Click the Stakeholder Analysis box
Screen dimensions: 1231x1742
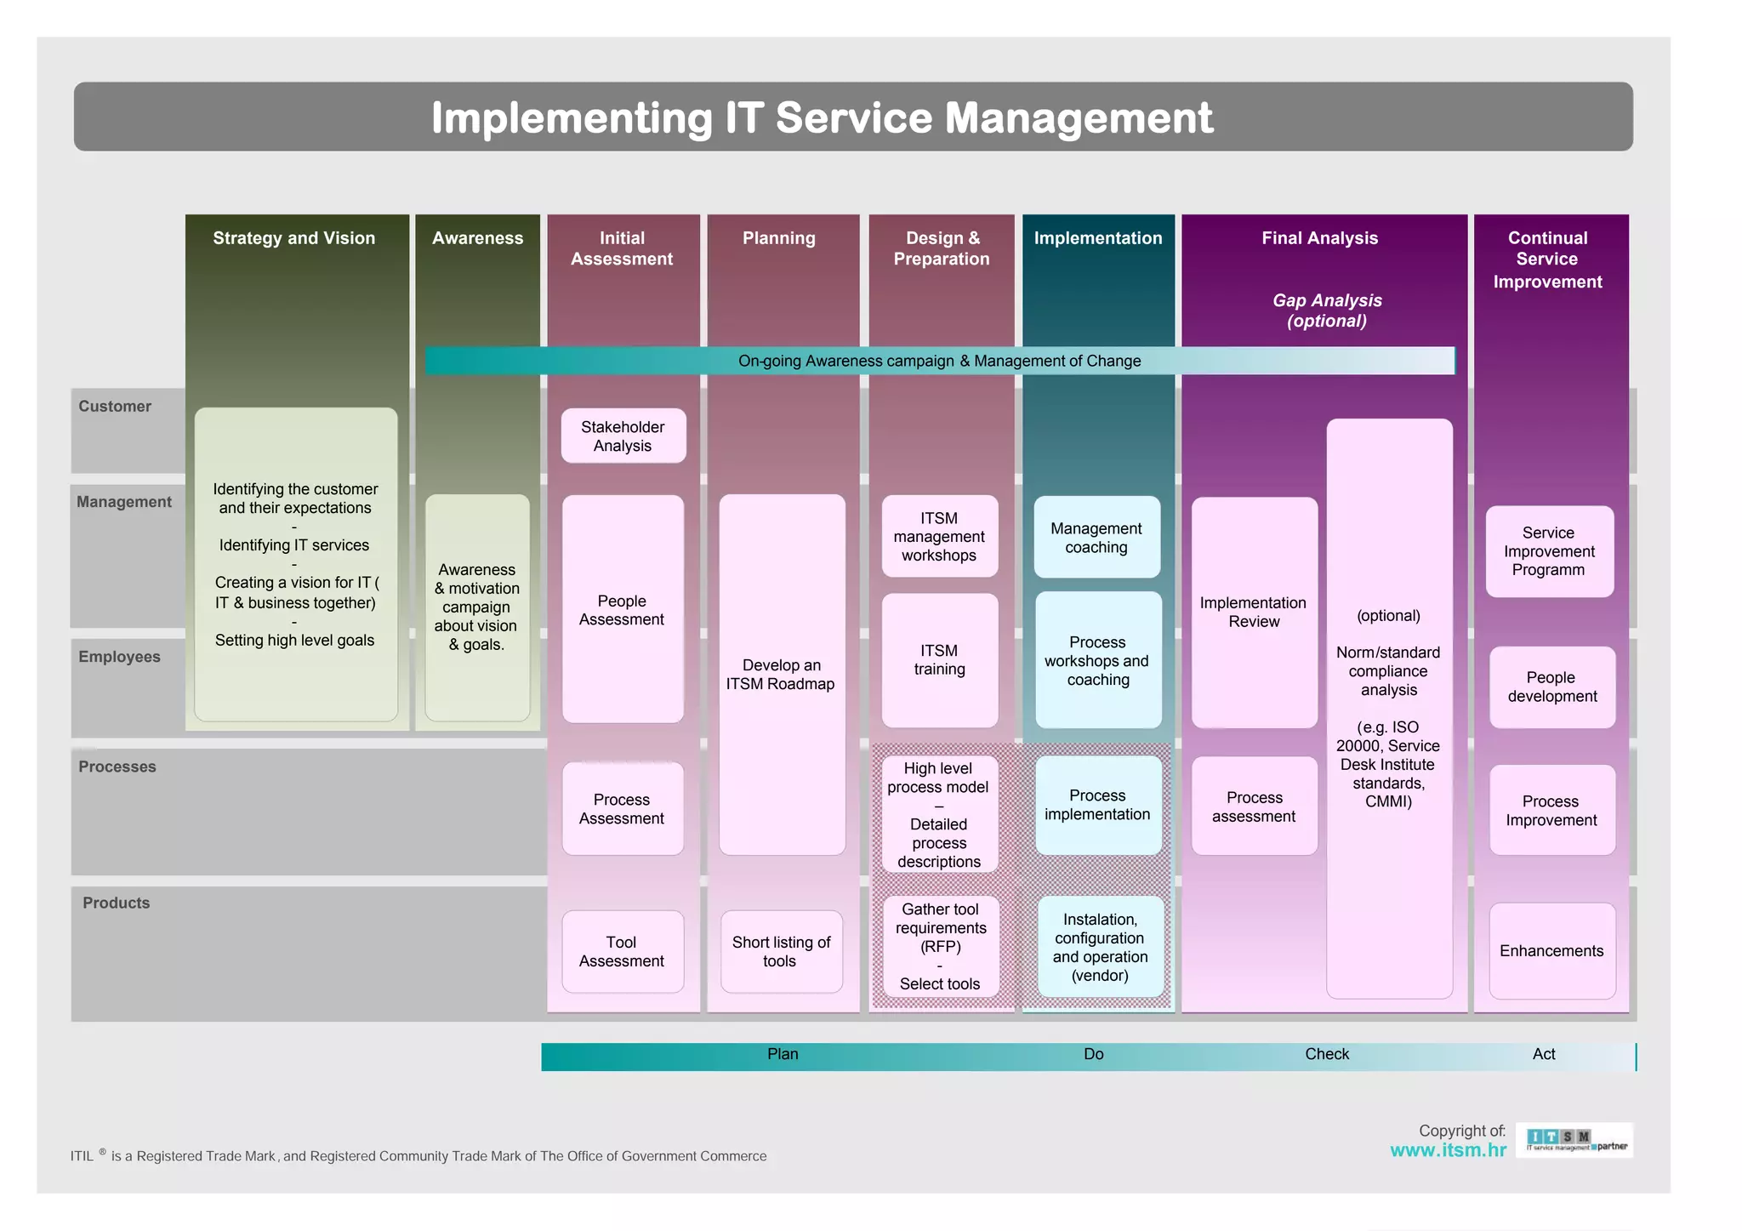click(x=623, y=436)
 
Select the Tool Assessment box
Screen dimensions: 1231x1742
click(x=622, y=951)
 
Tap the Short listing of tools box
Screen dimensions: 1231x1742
click(x=781, y=951)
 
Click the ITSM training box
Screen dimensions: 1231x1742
click(x=939, y=660)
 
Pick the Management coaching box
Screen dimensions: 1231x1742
click(x=1096, y=538)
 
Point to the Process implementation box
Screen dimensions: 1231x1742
click(x=1097, y=805)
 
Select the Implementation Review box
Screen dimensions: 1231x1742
click(x=1254, y=612)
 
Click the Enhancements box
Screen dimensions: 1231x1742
click(x=1551, y=951)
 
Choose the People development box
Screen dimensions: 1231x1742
click(x=1551, y=687)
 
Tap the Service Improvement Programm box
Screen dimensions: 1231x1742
click(x=1548, y=551)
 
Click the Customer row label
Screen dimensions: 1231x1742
click(x=115, y=407)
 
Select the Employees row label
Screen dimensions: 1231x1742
click(x=119, y=657)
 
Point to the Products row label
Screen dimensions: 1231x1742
click(x=116, y=903)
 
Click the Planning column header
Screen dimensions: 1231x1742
click(x=778, y=238)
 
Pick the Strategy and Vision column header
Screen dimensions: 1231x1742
click(x=293, y=238)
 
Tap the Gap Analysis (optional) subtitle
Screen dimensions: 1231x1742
click(x=1327, y=311)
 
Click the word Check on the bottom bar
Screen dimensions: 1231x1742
click(x=1327, y=1054)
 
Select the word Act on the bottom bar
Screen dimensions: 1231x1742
click(x=1543, y=1054)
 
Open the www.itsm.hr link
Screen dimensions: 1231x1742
click(x=1448, y=1150)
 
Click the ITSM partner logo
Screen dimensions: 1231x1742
click(x=1574, y=1141)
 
